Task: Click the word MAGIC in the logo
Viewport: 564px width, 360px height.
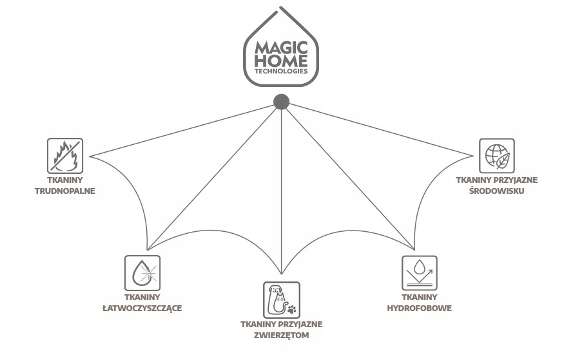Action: pos(281,48)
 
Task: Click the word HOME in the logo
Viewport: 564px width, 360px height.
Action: pos(281,61)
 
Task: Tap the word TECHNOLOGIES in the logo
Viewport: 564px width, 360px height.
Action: pos(281,71)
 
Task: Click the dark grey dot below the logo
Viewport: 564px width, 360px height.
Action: pos(281,102)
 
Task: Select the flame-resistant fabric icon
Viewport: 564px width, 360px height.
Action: pos(65,156)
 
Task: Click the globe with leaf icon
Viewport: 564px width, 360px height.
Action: pos(497,156)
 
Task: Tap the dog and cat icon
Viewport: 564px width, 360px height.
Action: pos(281,299)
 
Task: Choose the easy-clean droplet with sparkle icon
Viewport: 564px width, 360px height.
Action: pos(142,272)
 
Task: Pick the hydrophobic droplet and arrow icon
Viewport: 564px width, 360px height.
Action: pos(420,272)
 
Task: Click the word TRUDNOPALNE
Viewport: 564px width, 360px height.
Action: pos(65,191)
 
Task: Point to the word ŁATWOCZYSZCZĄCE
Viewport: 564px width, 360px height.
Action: pos(142,308)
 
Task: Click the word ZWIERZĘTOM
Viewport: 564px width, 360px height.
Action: pos(281,336)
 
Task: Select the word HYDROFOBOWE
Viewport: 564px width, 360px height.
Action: pos(420,308)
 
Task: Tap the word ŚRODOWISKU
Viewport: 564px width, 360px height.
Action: pos(497,191)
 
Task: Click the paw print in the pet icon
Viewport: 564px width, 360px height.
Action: pos(292,308)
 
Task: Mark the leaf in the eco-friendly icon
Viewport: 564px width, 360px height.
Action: pos(503,161)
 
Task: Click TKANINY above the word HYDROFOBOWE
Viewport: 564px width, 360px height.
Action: pos(420,297)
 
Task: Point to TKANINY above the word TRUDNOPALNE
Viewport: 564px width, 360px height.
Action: pos(65,180)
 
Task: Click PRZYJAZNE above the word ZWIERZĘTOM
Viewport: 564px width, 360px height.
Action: pos(301,325)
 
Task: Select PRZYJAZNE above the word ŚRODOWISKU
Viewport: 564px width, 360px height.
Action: pos(516,180)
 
